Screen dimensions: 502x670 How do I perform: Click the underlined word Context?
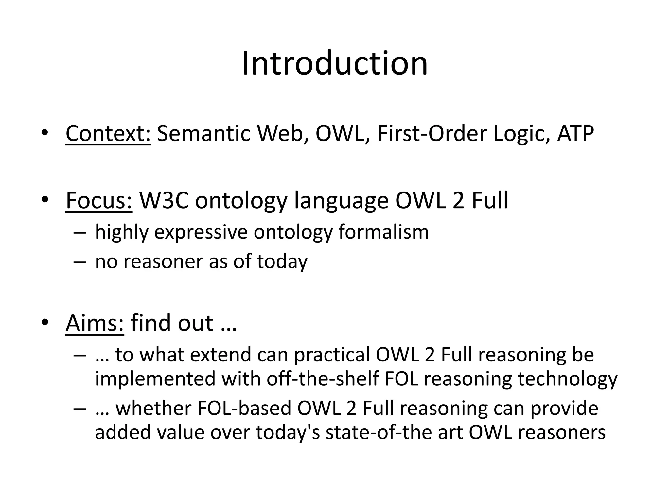(108, 134)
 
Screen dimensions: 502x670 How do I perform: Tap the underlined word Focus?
(99, 200)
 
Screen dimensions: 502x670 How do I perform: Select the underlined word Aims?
(95, 323)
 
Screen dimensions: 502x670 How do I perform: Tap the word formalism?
(383, 232)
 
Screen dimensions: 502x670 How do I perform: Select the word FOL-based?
(244, 409)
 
